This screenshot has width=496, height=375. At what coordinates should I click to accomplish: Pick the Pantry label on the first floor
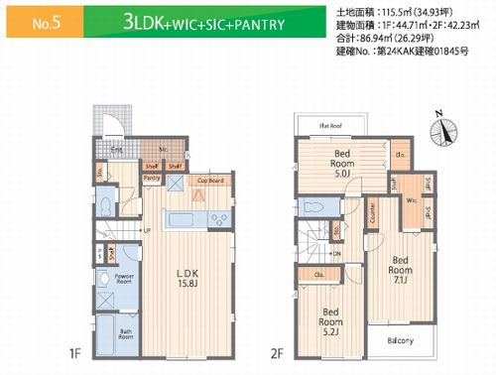(152, 178)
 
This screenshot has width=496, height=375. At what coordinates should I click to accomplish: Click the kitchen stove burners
(219, 193)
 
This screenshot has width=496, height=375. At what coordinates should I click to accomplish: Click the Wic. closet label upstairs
(410, 200)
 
